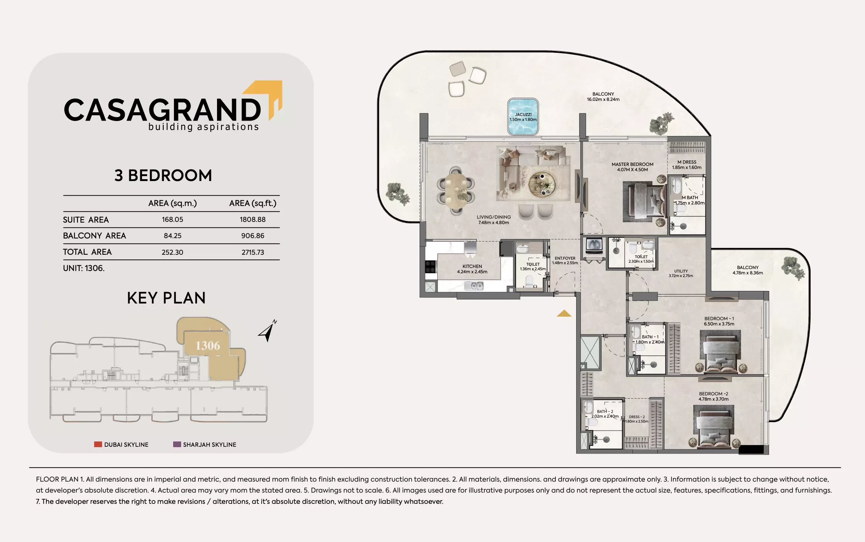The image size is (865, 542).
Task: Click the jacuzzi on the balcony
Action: pyautogui.click(x=523, y=117)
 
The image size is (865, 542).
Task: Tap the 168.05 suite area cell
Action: pyautogui.click(x=172, y=220)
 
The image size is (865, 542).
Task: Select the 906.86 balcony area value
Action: pyautogui.click(x=253, y=236)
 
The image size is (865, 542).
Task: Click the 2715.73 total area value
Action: pyautogui.click(x=253, y=252)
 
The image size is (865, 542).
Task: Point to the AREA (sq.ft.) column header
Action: pyautogui.click(x=253, y=203)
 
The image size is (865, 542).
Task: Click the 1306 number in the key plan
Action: pyautogui.click(x=208, y=345)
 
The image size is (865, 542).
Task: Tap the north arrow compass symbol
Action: pyautogui.click(x=268, y=331)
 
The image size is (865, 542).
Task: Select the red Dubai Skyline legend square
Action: pyautogui.click(x=98, y=444)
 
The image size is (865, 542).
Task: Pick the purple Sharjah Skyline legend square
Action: pyautogui.click(x=177, y=444)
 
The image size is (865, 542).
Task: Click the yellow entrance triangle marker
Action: pyautogui.click(x=564, y=313)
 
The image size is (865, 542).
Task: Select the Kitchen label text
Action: pyautogui.click(x=472, y=266)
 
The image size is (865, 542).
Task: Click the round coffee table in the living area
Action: pyautogui.click(x=542, y=184)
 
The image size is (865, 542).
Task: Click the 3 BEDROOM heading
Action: pyautogui.click(x=163, y=175)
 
